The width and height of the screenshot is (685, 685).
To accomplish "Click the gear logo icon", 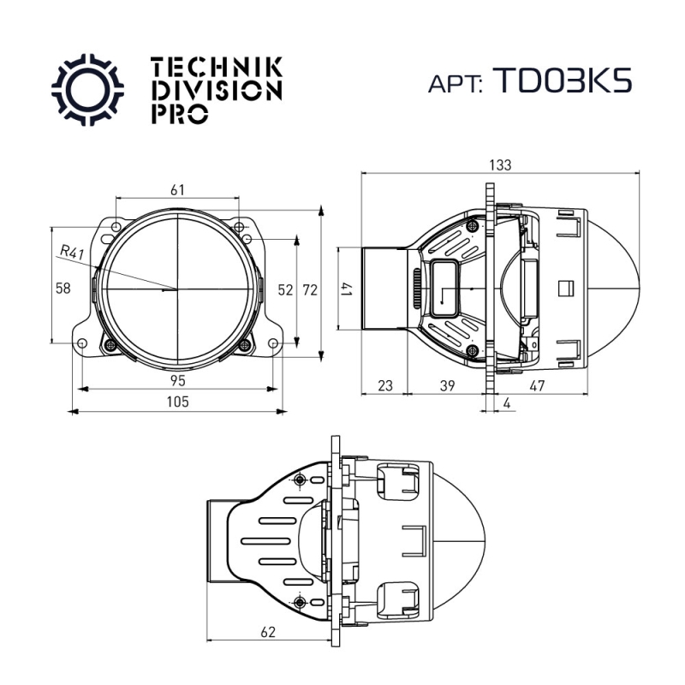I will click(x=88, y=89).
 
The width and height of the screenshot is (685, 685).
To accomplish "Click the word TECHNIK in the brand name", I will click(x=215, y=67).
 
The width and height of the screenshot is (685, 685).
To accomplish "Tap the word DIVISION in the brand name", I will click(x=215, y=90).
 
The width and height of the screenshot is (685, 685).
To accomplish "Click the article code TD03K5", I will click(x=563, y=80).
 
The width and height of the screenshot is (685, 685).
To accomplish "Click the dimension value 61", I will click(x=178, y=190).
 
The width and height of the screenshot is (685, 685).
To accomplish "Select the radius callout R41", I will click(x=72, y=253).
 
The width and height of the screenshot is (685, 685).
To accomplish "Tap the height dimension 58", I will click(x=63, y=289).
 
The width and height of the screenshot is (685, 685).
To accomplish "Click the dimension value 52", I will click(x=286, y=290).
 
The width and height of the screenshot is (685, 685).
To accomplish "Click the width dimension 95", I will click(x=177, y=379).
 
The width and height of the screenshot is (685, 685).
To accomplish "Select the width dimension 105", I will click(x=177, y=402).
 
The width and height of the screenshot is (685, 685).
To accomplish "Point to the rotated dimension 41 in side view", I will click(x=347, y=289).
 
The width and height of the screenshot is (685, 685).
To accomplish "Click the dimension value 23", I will click(x=384, y=386).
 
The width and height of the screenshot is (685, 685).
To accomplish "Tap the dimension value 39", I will click(x=446, y=386).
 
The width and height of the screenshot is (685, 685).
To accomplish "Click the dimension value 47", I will click(x=537, y=386).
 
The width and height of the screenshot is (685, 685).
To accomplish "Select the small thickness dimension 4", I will click(x=508, y=402).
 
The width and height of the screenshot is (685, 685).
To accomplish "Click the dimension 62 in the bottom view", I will click(x=268, y=633).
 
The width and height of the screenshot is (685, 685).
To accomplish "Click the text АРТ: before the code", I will click(x=456, y=83).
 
